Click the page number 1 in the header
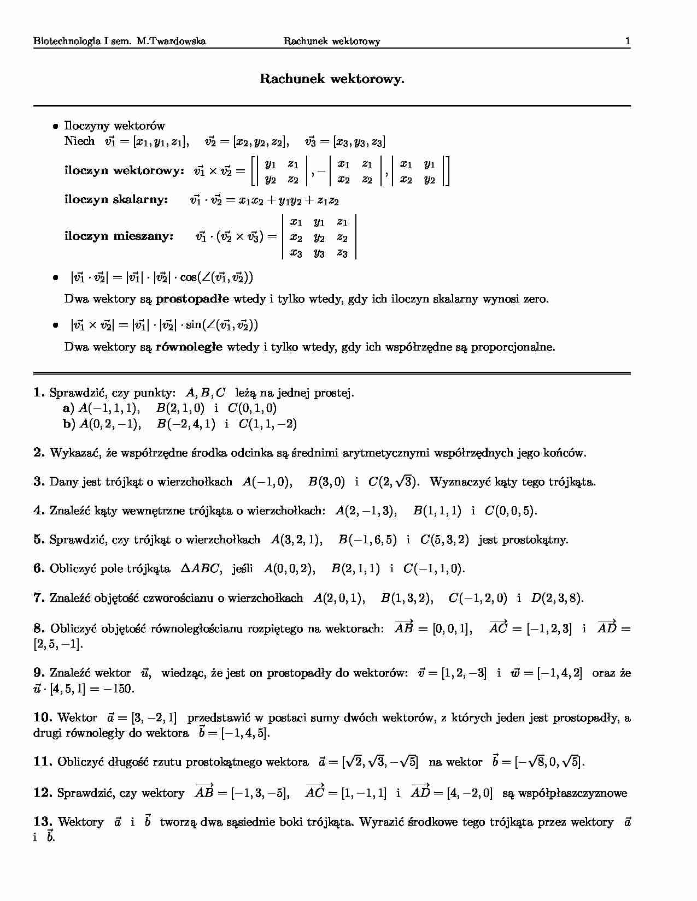click(628, 41)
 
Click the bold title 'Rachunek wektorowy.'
click(332, 79)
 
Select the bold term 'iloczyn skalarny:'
click(116, 199)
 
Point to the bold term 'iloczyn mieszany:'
click(119, 236)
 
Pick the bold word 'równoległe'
click(189, 347)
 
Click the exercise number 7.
click(38, 598)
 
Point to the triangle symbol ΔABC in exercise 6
click(201, 569)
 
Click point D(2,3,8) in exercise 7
click(557, 598)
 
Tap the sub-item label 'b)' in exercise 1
click(68, 424)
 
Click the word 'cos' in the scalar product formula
click(188, 277)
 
